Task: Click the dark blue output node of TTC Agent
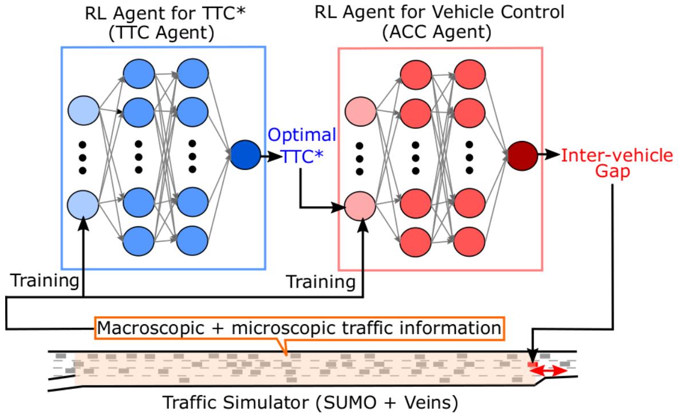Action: (245, 156)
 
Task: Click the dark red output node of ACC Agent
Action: (522, 156)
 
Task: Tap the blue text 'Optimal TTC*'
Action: (302, 146)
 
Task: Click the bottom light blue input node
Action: (83, 204)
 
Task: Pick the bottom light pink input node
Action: (360, 204)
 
